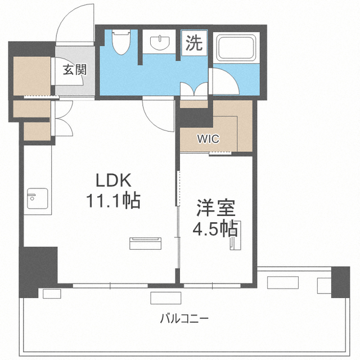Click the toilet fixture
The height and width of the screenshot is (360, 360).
click(121, 42)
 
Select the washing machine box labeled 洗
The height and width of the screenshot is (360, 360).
click(194, 43)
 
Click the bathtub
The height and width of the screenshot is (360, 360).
click(237, 48)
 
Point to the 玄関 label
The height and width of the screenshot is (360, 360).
click(75, 69)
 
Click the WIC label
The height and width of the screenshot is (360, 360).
click(208, 139)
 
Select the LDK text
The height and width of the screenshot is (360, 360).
click(114, 181)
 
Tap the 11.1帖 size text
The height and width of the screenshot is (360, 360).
click(113, 200)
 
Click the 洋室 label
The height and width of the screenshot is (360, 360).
click(216, 208)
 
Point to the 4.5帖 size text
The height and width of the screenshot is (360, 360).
click(215, 229)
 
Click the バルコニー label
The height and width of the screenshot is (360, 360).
click(184, 319)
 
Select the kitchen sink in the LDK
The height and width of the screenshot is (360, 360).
click(38, 199)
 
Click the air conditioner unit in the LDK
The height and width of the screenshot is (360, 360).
click(145, 244)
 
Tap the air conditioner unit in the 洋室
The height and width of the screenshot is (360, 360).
click(236, 235)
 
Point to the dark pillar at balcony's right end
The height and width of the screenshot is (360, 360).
click(340, 282)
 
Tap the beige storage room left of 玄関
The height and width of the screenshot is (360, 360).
click(32, 76)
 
